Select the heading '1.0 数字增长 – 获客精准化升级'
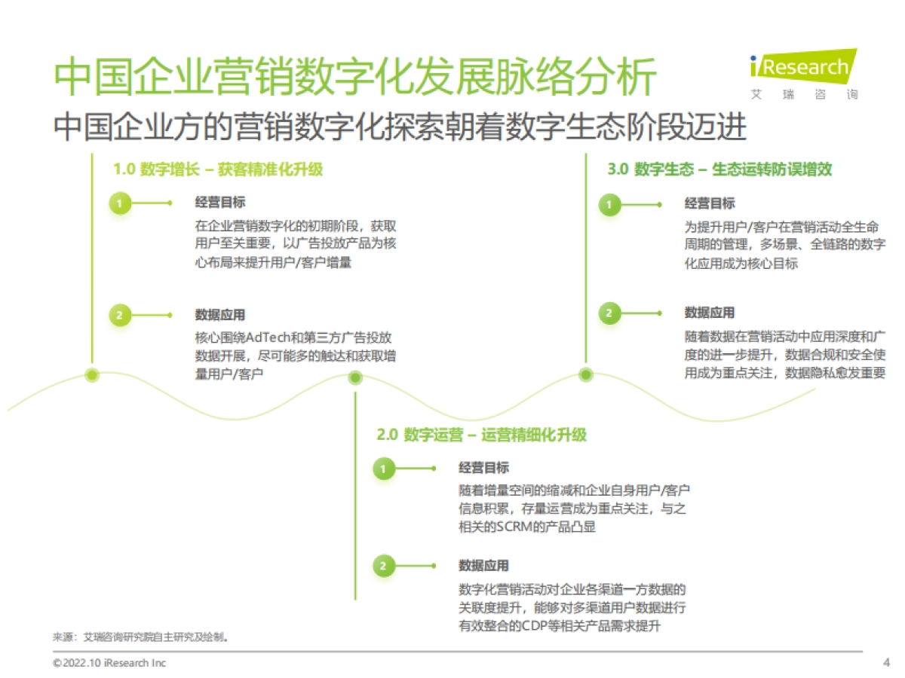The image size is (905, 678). click(x=218, y=169)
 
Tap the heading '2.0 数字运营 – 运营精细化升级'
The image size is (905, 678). click(x=481, y=435)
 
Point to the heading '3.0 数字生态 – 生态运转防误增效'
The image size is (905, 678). click(x=719, y=169)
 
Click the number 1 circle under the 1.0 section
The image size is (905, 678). click(x=120, y=203)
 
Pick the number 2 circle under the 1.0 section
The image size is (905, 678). click(x=120, y=315)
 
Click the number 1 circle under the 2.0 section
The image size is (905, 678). click(x=383, y=469)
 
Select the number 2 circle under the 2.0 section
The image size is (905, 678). click(x=383, y=566)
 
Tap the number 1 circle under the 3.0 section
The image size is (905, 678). click(x=609, y=203)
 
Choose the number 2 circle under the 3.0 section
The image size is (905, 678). click(x=609, y=313)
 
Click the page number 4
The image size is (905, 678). click(x=886, y=663)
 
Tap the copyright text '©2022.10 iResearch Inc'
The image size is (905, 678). click(x=109, y=663)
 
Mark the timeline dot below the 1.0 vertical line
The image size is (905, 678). click(x=92, y=374)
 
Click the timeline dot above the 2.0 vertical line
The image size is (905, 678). click(x=355, y=378)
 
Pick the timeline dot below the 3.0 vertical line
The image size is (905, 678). click(x=586, y=374)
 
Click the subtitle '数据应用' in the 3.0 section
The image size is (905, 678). click(x=709, y=313)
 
